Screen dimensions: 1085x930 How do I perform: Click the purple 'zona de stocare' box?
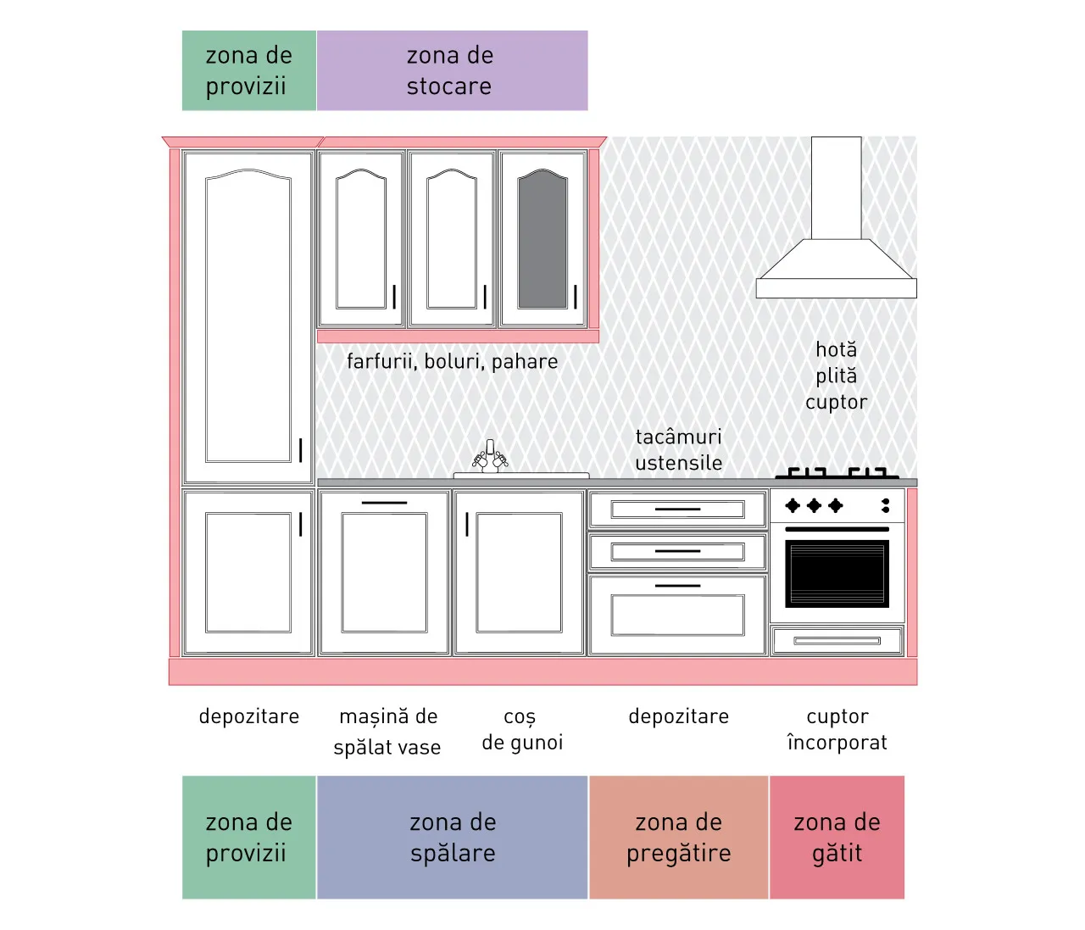[452, 70]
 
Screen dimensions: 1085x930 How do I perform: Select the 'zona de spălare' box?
[452, 837]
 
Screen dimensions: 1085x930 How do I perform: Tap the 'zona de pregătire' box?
[678, 837]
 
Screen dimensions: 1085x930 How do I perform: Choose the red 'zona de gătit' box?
[837, 837]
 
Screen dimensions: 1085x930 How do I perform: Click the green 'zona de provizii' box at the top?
[249, 70]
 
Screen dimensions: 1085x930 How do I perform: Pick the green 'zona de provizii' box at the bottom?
[249, 837]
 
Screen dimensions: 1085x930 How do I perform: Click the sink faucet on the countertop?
[490, 456]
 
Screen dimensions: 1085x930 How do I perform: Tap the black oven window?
[837, 573]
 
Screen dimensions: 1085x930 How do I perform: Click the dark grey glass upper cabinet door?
[542, 239]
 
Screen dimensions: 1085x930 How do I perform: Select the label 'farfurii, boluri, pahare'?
[452, 362]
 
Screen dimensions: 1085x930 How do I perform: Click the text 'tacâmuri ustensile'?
[678, 450]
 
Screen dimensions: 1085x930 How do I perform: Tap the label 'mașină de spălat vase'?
[387, 732]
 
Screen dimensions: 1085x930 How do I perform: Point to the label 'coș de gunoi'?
[522, 730]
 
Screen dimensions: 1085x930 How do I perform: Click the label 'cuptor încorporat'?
[837, 729]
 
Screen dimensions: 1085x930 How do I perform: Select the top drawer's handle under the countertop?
[677, 509]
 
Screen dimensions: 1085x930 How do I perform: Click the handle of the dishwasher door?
[384, 503]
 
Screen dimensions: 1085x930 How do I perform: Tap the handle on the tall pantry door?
[300, 450]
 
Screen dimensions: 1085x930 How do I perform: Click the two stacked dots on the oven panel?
[886, 505]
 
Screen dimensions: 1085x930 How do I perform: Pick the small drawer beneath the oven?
[837, 641]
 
